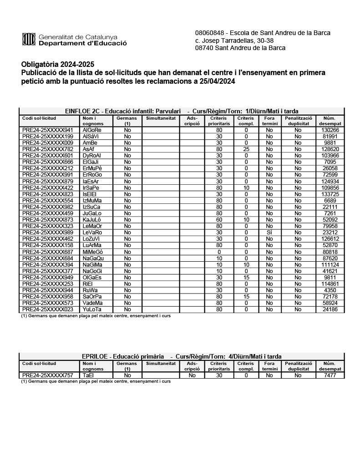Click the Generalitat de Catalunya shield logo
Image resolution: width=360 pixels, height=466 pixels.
click(29, 40)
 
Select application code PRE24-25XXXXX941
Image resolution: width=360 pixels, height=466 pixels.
click(47, 130)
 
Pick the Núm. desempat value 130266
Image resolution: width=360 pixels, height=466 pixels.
click(330, 130)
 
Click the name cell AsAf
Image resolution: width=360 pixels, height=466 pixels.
click(88, 149)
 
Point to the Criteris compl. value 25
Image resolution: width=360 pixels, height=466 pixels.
click(246, 149)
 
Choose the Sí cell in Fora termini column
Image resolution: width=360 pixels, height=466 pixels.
click(269, 233)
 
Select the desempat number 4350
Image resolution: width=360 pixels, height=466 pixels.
click(330, 290)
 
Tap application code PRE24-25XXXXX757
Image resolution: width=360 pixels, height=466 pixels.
click(47, 376)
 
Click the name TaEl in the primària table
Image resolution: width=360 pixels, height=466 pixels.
click(88, 376)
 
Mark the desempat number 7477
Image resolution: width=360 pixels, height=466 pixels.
click(330, 376)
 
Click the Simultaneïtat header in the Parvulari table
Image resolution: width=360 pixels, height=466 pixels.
click(161, 118)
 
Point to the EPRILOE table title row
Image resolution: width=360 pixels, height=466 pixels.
click(182, 356)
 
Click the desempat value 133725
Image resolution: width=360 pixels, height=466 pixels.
click(330, 194)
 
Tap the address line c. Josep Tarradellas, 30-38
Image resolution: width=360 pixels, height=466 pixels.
click(234, 41)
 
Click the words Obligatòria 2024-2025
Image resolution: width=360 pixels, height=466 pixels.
click(57, 64)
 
